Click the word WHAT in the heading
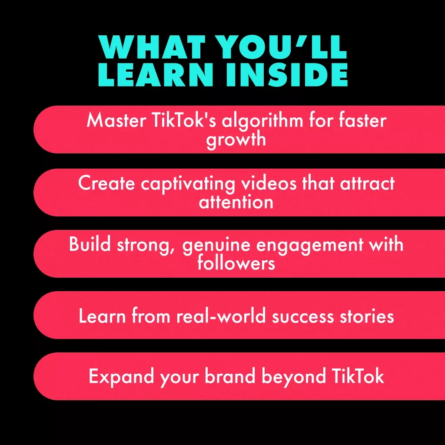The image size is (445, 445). (152, 47)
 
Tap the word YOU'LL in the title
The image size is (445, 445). (283, 47)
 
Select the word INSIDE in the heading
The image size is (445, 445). (287, 74)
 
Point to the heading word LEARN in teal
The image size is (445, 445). (156, 74)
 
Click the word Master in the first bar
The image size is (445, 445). (116, 120)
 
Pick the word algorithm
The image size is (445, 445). (263, 121)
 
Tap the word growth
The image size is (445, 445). (236, 139)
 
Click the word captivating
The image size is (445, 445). (188, 184)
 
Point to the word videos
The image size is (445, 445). (269, 183)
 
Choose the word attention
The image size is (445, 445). (236, 202)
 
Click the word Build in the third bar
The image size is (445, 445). (90, 244)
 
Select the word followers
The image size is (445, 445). (236, 262)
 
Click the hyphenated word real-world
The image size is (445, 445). (221, 315)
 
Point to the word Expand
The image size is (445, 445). (122, 377)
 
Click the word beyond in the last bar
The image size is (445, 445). (293, 377)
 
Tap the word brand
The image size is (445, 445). (230, 376)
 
